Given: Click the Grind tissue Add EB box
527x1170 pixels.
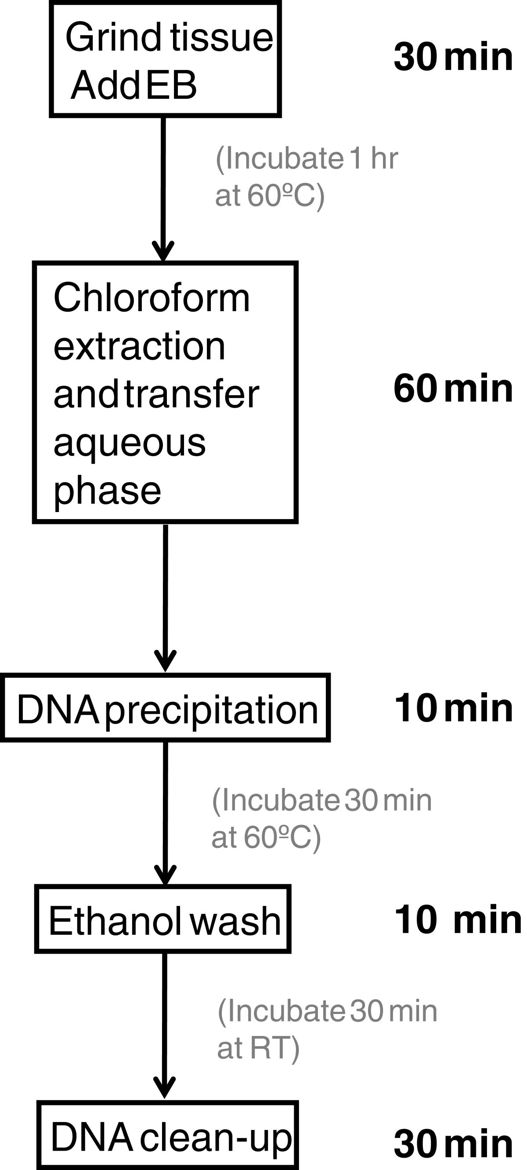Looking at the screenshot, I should [165, 59].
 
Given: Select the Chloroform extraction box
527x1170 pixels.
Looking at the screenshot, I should [165, 392].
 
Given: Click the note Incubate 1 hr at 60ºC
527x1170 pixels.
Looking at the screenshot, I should [307, 177].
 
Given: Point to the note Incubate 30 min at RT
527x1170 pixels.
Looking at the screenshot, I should [327, 1029].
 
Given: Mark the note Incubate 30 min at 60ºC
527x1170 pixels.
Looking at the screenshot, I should [321, 818].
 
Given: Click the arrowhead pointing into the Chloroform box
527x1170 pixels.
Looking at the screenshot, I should [163, 252].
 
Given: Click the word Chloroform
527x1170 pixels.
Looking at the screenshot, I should [152, 298].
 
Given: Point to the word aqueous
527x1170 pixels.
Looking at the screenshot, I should [130, 443].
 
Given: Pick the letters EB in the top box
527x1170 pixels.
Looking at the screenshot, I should [172, 85].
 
